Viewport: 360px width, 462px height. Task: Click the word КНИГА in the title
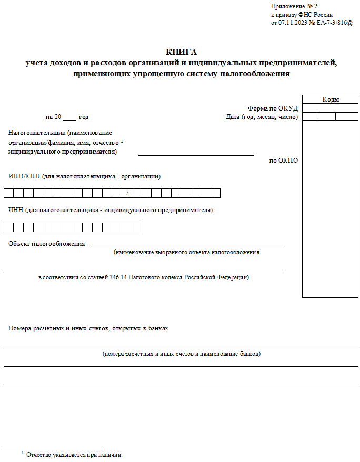(x=181, y=52)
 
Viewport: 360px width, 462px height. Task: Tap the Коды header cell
(x=331, y=99)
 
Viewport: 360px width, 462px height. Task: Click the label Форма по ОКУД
(x=273, y=108)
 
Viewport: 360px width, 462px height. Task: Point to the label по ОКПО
(x=284, y=160)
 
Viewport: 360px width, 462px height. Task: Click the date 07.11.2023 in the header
(x=293, y=23)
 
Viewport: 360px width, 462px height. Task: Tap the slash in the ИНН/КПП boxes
(x=127, y=193)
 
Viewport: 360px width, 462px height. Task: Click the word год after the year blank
(x=83, y=117)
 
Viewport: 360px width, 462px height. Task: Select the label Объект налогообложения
(x=46, y=244)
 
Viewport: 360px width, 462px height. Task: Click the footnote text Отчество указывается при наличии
(x=74, y=454)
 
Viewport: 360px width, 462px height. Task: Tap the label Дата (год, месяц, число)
(x=262, y=117)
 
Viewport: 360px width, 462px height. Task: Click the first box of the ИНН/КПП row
(x=8, y=193)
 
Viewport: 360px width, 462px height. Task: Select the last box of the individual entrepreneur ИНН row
(x=137, y=227)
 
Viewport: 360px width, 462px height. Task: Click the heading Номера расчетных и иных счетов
(x=88, y=328)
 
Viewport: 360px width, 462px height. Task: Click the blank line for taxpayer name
(x=195, y=153)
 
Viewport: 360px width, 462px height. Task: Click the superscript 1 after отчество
(x=122, y=141)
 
